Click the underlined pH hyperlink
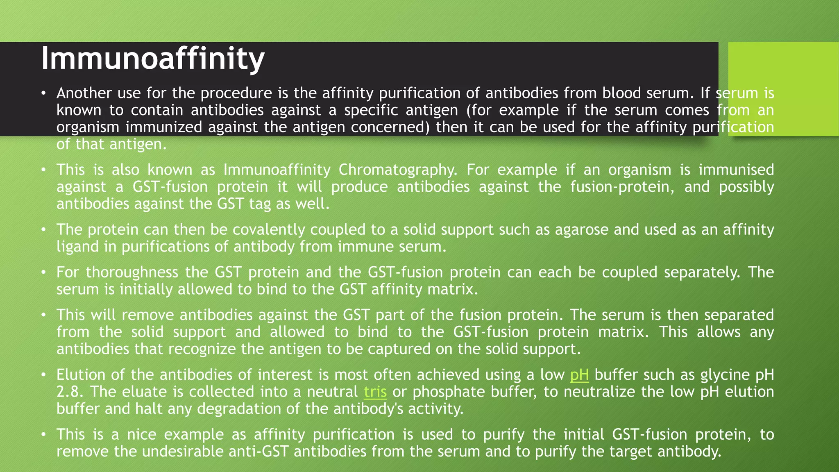(579, 375)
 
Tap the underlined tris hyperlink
(375, 392)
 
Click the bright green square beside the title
(783, 88)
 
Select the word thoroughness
(132, 272)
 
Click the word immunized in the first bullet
(164, 127)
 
